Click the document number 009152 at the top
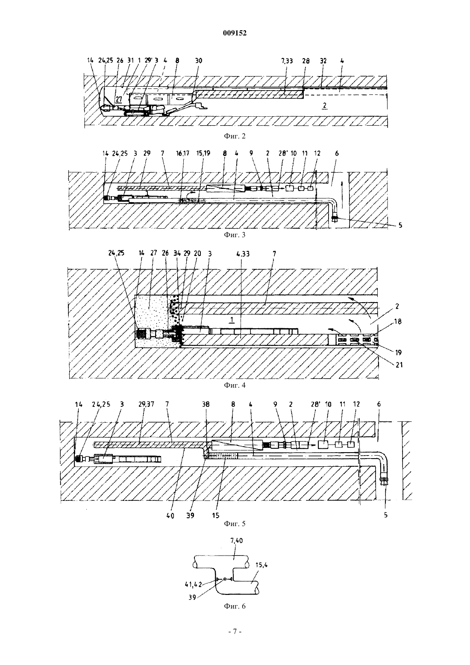point(235,33)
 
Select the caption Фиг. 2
point(235,136)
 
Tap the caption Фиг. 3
point(235,235)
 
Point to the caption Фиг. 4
point(235,385)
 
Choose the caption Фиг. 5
point(235,524)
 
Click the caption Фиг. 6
point(235,606)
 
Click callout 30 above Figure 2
point(199,61)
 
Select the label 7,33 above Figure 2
point(287,61)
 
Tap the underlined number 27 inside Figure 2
point(119,100)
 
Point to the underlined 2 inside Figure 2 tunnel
point(325,106)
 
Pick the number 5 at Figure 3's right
point(400,225)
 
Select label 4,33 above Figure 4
point(243,254)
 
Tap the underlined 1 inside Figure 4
point(232,320)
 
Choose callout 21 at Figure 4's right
point(399,365)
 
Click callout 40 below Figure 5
point(170,516)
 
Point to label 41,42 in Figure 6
point(193,584)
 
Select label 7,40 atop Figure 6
point(236,541)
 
